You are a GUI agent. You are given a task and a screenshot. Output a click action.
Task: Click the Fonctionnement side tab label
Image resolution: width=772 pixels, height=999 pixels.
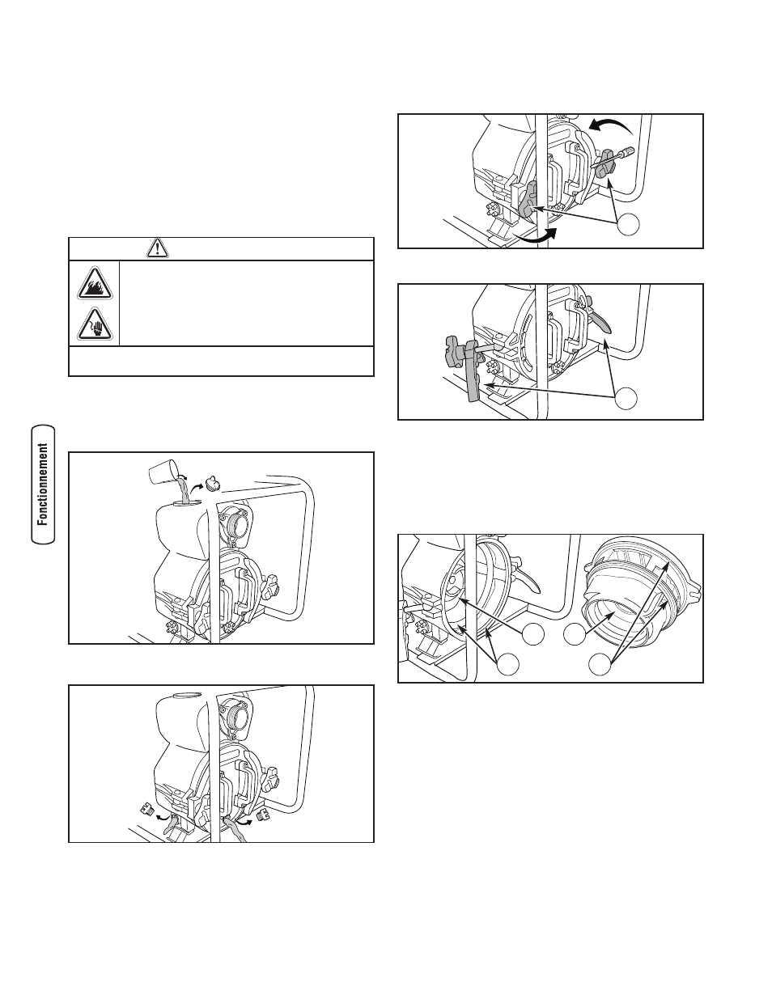click(x=43, y=484)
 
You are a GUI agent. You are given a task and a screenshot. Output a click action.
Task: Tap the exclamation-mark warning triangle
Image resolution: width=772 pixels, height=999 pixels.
click(x=158, y=248)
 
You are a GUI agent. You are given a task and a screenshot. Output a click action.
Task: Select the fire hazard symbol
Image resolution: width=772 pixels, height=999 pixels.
click(x=95, y=283)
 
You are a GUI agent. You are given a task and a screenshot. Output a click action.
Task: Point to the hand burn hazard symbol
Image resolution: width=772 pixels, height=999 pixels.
click(x=95, y=324)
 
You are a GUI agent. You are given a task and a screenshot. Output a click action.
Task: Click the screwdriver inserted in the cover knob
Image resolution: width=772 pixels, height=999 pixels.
click(x=615, y=156)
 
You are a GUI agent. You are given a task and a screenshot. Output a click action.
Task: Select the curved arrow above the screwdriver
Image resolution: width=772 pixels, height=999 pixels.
click(x=613, y=125)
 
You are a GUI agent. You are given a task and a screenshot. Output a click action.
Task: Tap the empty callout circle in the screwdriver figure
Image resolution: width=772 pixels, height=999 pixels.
click(x=628, y=224)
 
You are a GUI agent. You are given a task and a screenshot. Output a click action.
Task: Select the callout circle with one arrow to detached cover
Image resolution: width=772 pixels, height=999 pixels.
click(x=575, y=634)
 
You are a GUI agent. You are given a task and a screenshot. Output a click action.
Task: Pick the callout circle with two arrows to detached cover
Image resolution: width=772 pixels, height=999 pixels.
click(x=600, y=664)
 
